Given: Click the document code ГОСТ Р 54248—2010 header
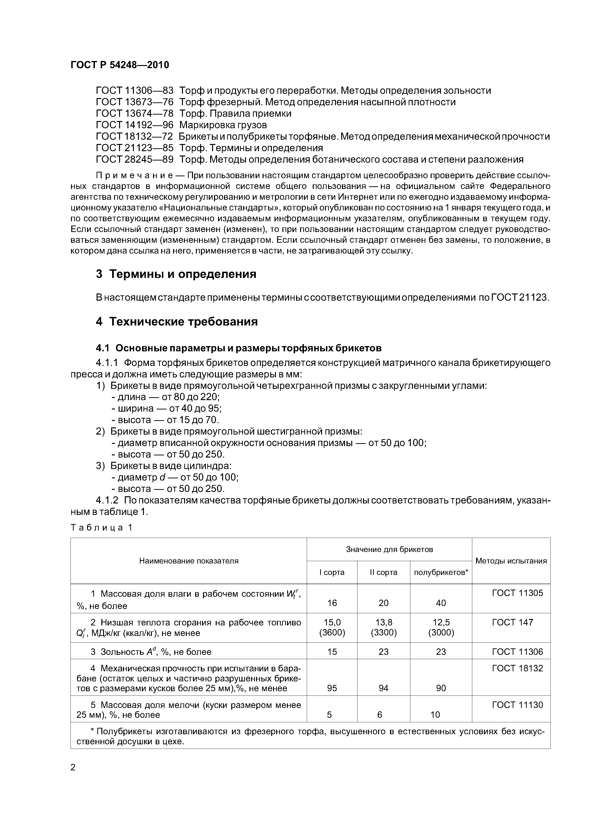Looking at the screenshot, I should (120, 65).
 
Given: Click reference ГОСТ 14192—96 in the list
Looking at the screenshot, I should (134, 125).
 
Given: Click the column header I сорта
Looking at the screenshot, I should (331, 572).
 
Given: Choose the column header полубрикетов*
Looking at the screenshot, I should (441, 572).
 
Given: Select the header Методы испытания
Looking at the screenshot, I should (511, 561).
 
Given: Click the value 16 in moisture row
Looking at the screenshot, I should (332, 603).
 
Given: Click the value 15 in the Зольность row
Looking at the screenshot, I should (332, 652).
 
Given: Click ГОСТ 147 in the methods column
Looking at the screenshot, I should (512, 622).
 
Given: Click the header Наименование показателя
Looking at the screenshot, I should (188, 561).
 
